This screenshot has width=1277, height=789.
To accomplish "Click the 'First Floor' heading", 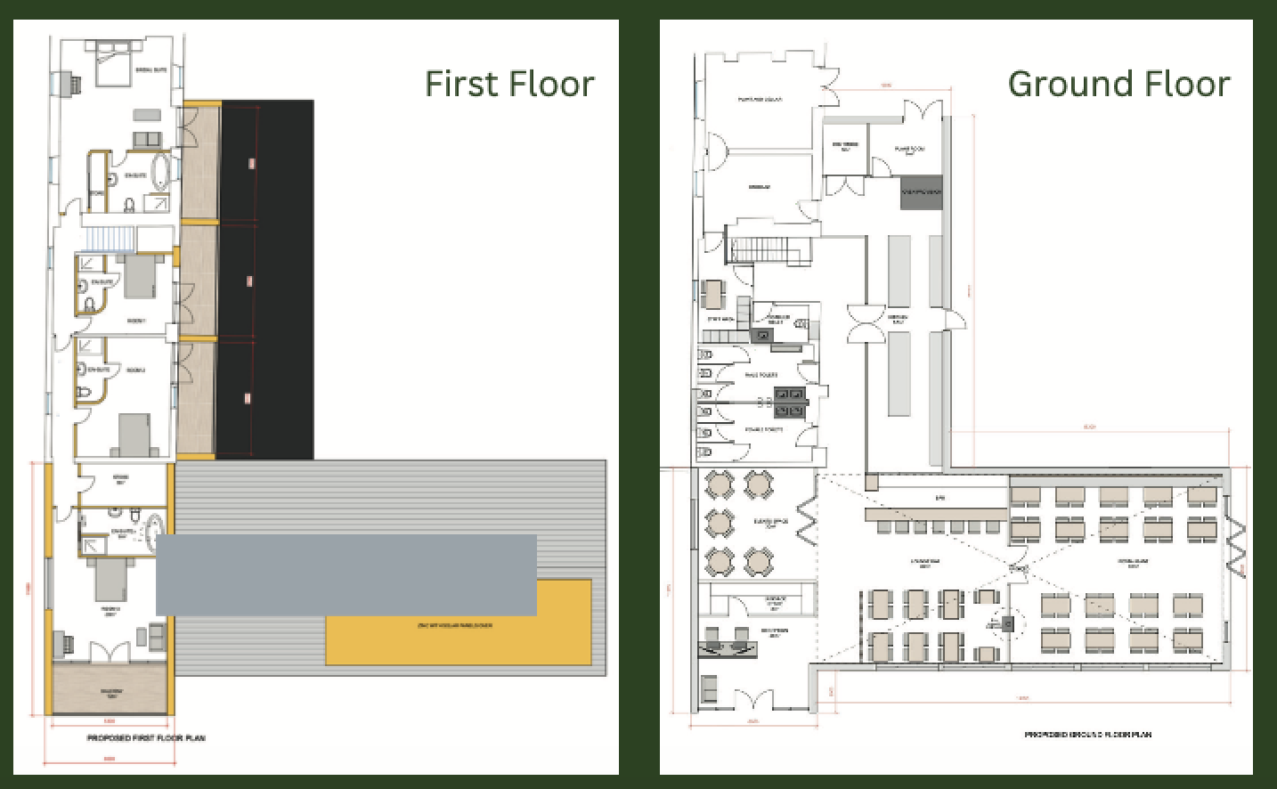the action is pos(509,84).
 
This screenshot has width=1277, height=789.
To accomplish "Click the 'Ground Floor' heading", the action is pos(1118,84).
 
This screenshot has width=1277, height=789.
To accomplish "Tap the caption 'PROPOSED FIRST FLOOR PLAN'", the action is pos(146,738).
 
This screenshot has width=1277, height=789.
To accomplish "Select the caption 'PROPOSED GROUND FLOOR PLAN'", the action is pos(1087,735).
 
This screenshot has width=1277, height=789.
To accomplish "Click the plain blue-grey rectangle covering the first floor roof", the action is pos(346,574).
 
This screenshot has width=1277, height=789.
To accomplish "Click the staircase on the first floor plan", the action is pos(108,239).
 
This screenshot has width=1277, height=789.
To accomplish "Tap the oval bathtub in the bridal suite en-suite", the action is pos(161,172).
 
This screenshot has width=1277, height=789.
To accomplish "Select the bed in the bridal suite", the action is pos(114,62).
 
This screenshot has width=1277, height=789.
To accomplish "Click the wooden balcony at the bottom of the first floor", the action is pos(110,687).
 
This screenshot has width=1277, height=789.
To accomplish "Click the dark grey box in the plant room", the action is pos(921,192).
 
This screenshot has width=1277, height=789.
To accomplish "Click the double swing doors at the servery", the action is pos(866,323).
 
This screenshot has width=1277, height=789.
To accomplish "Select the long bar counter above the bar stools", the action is pos(935,514).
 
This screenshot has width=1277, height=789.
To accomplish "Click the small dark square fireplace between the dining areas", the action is pos(1008,624).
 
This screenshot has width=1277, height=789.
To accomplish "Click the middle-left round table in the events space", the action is pos(719,523).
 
